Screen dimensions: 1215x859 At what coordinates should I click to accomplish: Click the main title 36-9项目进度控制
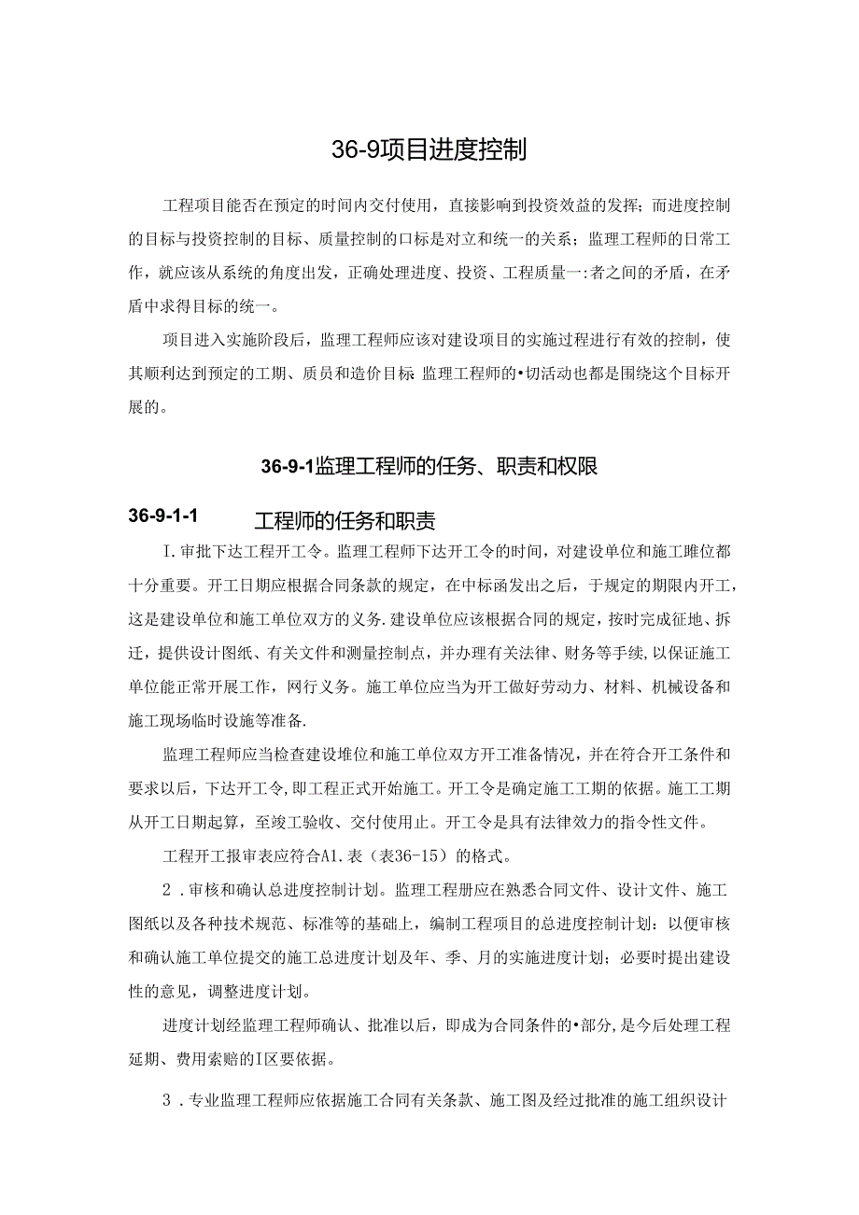point(429,149)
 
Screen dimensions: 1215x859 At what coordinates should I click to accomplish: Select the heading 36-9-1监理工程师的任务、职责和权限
point(429,466)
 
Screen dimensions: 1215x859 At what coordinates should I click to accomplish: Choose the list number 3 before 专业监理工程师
point(168,1100)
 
